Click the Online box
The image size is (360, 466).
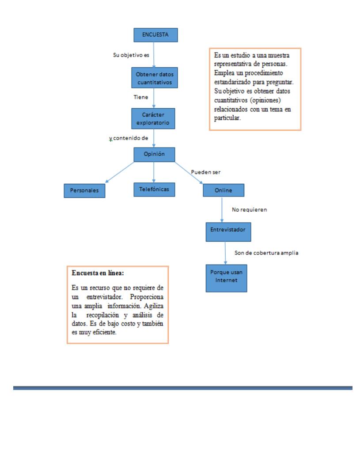(224, 190)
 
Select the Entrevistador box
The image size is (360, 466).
(225, 231)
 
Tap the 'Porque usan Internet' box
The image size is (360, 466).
(225, 278)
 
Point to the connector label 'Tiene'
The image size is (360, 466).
(140, 96)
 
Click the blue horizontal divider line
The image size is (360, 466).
(183, 388)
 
